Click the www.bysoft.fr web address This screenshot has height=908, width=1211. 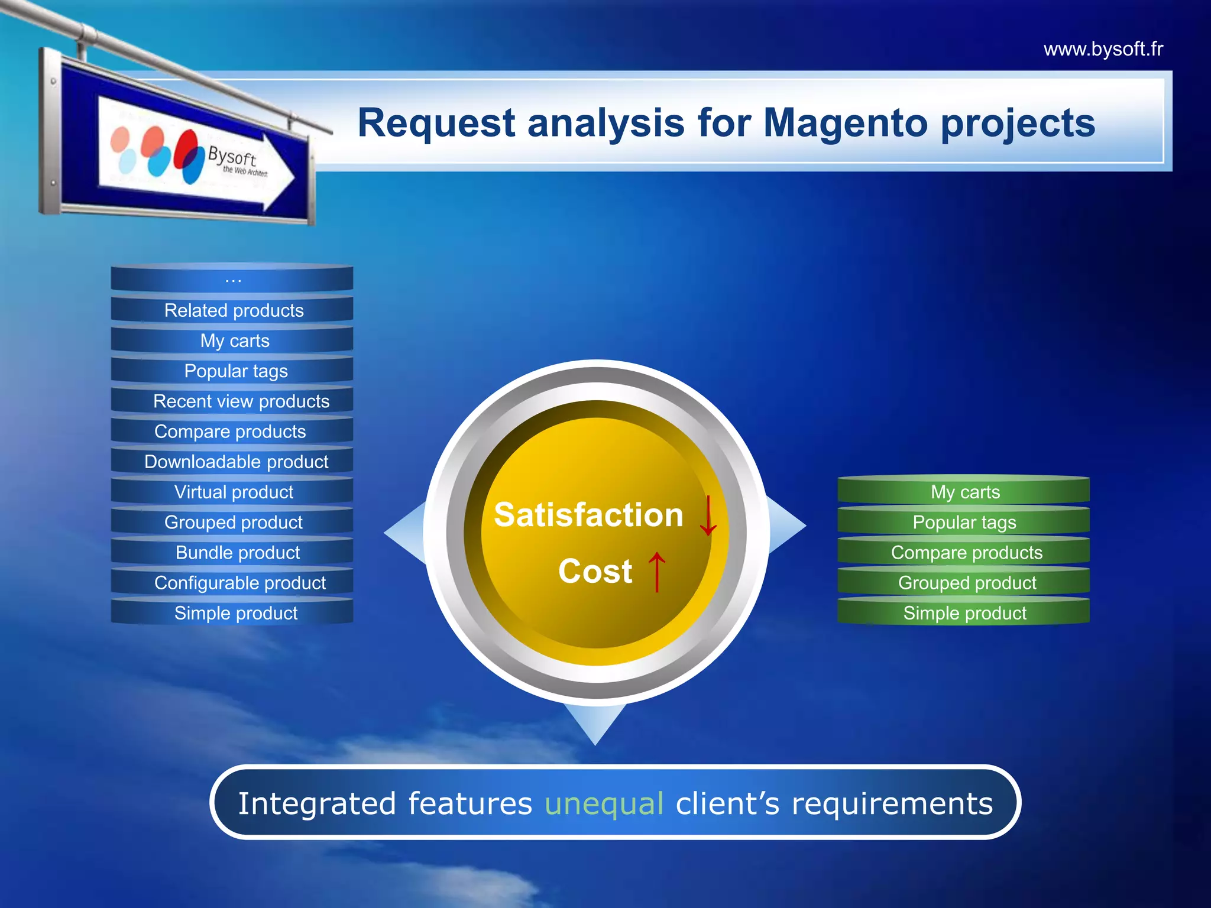(x=1103, y=49)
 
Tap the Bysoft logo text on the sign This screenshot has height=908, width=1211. (x=232, y=157)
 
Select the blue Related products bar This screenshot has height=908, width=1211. (x=233, y=310)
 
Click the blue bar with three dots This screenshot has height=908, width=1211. (x=233, y=279)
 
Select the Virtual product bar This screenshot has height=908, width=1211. (x=233, y=492)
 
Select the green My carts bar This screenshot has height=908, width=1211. (x=964, y=492)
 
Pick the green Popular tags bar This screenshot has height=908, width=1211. (x=964, y=523)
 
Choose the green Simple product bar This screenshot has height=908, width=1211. (x=964, y=613)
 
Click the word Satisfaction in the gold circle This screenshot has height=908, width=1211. (x=588, y=515)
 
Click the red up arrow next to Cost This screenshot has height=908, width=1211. (x=657, y=571)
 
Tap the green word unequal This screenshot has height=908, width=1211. (x=604, y=804)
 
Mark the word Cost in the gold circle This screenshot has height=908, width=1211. (x=595, y=571)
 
